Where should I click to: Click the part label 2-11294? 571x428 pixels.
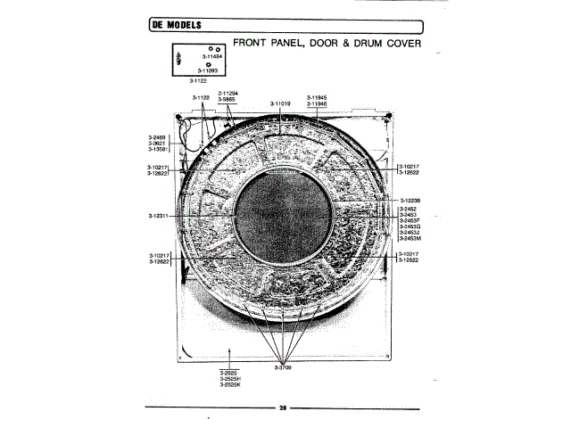[x=228, y=93]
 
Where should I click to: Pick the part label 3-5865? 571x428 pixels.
[x=226, y=99]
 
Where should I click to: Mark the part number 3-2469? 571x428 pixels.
[x=156, y=136]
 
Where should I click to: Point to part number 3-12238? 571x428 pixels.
[x=410, y=201]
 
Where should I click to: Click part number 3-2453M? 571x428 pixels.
[x=410, y=239]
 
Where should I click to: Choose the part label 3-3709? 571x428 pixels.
[x=284, y=367]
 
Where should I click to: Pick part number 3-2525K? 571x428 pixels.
[x=231, y=384]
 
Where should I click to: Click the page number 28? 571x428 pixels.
[x=282, y=407]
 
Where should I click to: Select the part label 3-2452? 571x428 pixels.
[x=408, y=209]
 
